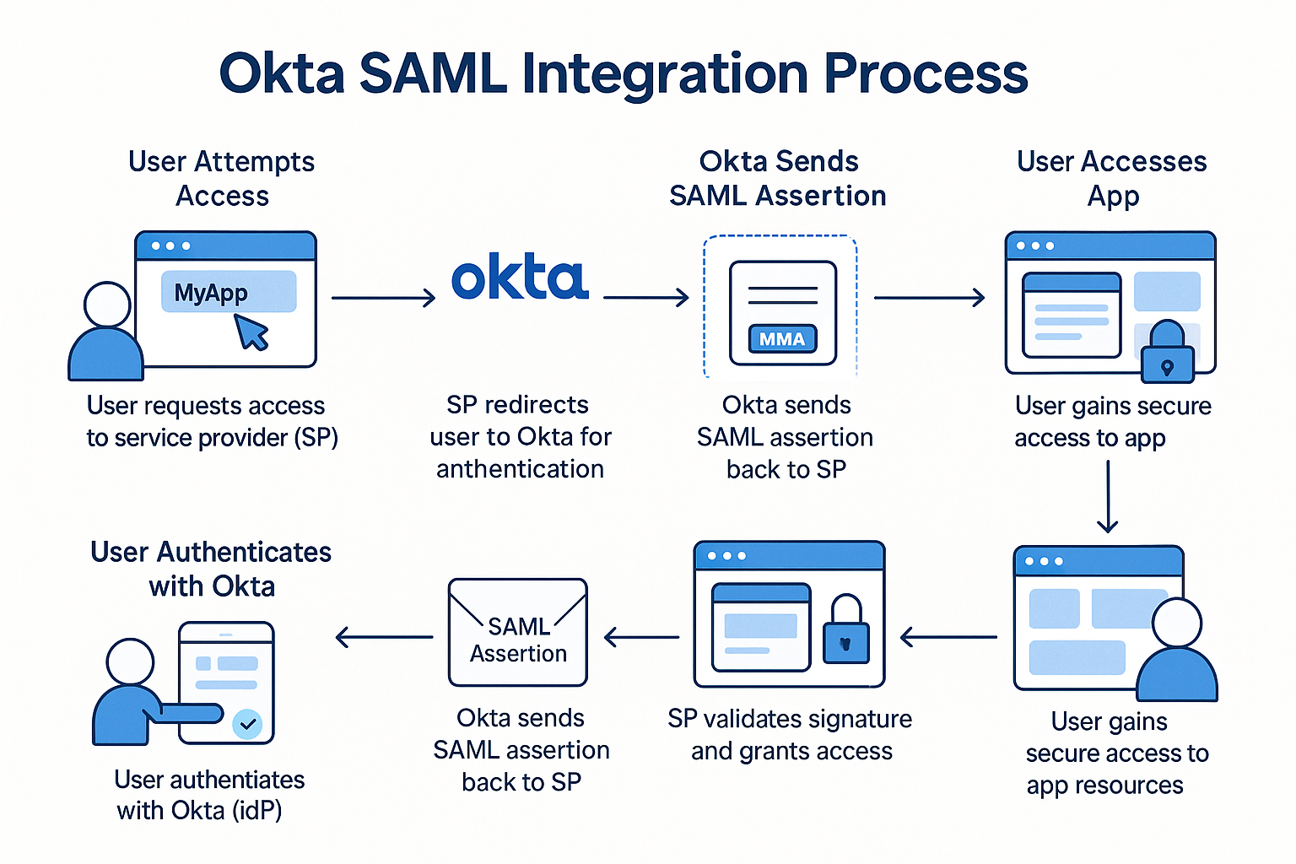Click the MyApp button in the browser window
[229, 292]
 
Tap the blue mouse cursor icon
[251, 332]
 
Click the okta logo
[520, 276]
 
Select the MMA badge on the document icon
[782, 338]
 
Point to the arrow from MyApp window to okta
[383, 298]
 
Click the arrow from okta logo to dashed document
[645, 298]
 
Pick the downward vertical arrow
[1107, 496]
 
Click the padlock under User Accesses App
[1168, 352]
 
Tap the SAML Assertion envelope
[518, 632]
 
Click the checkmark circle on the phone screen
[247, 723]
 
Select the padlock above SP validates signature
[846, 629]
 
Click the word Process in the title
[926, 75]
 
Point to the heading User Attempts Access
[222, 178]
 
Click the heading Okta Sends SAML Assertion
[778, 178]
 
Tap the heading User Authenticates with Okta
[211, 569]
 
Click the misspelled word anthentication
[520, 469]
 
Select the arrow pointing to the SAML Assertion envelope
[641, 637]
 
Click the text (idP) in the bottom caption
[256, 811]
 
